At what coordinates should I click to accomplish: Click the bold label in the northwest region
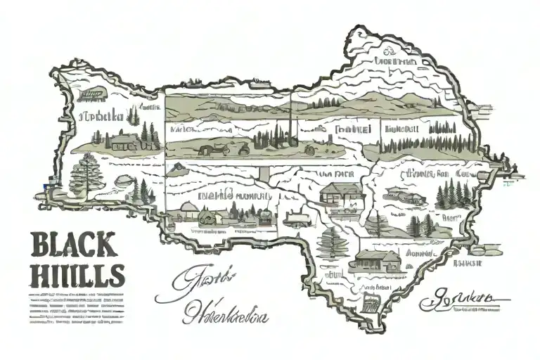[103, 115]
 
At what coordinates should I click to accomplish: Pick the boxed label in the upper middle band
[353, 129]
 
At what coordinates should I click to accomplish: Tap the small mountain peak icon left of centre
[179, 169]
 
